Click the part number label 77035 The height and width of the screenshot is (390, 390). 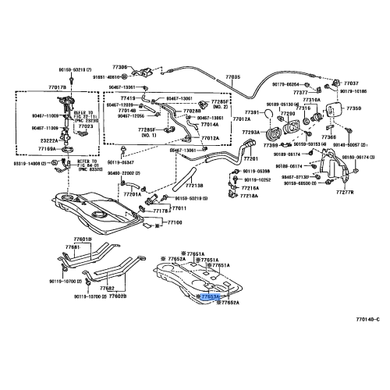tap(233, 76)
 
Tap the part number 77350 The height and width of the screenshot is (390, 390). tap(354, 109)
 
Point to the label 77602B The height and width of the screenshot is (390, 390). tap(118, 296)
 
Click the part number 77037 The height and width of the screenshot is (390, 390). tap(352, 83)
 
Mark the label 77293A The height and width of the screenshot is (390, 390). tap(252, 133)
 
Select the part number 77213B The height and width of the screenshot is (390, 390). tap(193, 186)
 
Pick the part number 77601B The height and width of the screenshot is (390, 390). tap(81, 239)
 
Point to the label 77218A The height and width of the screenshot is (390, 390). tap(250, 195)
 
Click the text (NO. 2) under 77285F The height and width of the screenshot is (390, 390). tap(221, 108)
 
